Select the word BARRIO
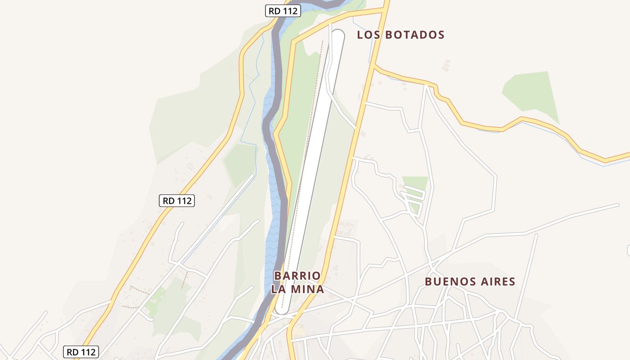click(x=297, y=275)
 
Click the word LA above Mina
click(x=279, y=289)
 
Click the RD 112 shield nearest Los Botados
click(x=283, y=11)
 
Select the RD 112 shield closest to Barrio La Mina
click(x=177, y=201)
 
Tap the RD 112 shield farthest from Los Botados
click(x=81, y=352)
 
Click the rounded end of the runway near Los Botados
click(x=337, y=35)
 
